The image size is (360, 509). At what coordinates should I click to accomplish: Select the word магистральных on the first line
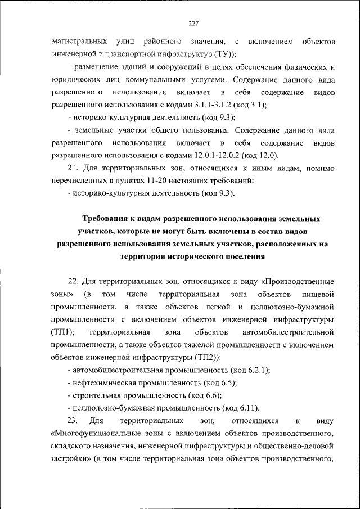pyautogui.click(x=80, y=42)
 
